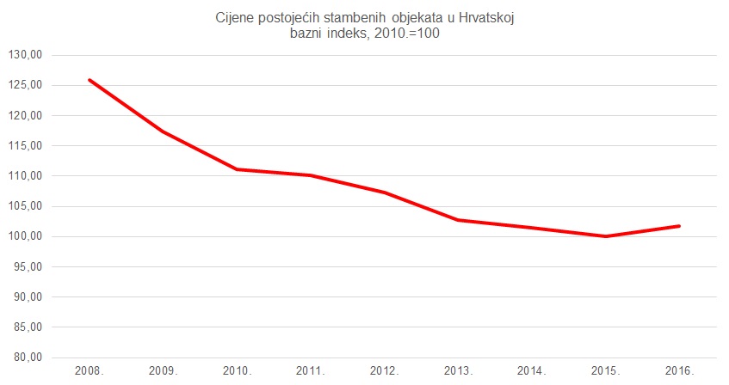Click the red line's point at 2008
90,80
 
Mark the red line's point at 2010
237,169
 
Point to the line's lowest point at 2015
606,236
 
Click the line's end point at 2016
680,226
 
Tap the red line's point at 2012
385,192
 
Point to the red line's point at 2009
163,131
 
